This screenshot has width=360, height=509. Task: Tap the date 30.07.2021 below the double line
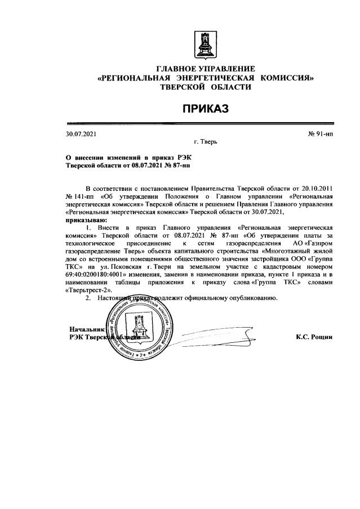[x=82, y=133]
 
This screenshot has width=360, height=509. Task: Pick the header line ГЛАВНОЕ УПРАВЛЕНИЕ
[x=205, y=69]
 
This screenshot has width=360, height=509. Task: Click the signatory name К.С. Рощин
[x=314, y=337]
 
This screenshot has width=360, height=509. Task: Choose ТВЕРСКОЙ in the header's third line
[x=183, y=87]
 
